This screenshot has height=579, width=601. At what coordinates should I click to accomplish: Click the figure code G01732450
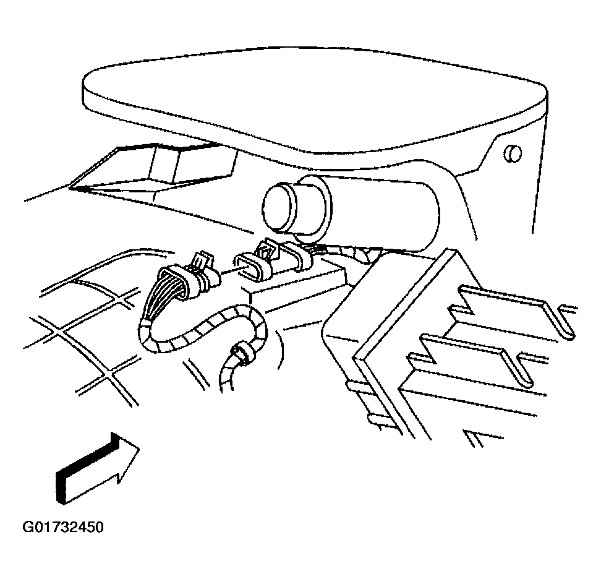63,527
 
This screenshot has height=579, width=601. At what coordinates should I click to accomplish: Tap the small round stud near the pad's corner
513,153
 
